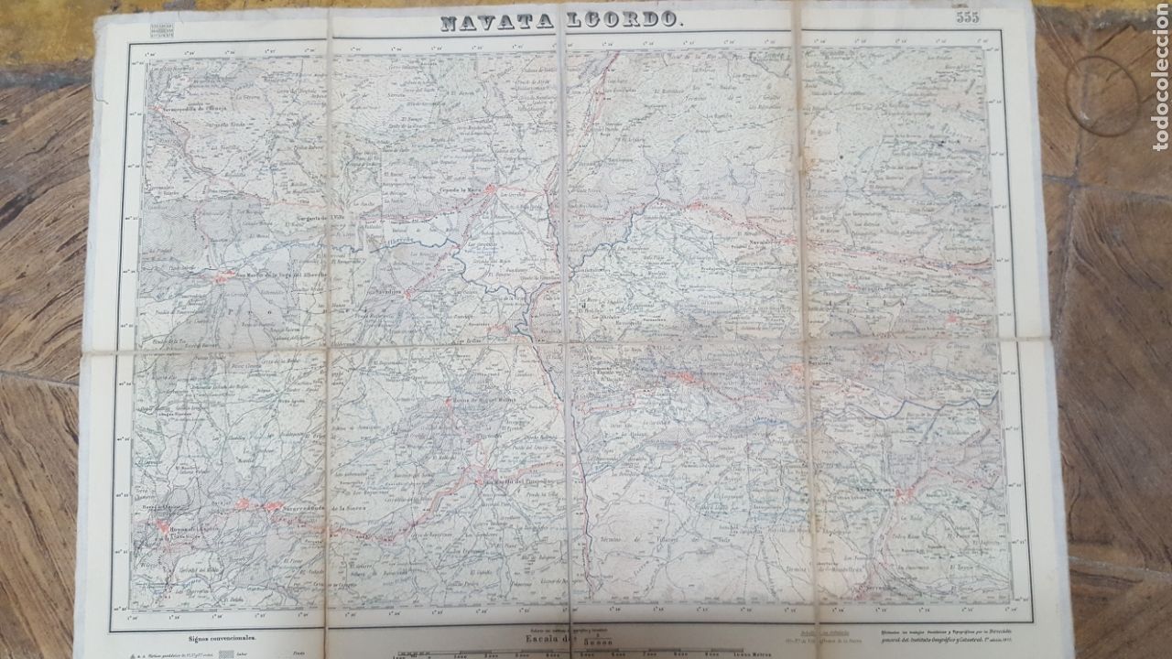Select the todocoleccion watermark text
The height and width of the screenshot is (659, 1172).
coord(1160,77)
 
